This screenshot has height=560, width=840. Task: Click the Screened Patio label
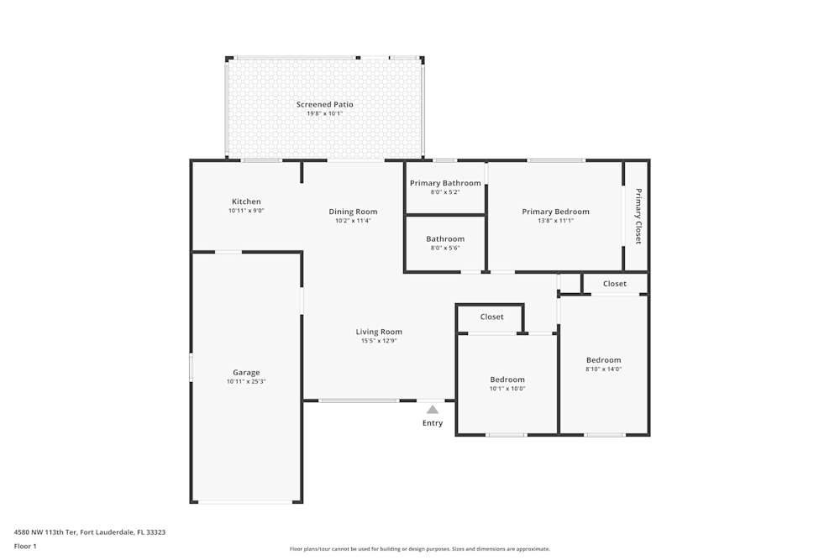click(324, 104)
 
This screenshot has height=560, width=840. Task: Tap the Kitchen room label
click(246, 201)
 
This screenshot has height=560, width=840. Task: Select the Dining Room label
click(353, 212)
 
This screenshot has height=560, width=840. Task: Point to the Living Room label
click(379, 332)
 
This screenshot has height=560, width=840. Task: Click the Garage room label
click(246, 372)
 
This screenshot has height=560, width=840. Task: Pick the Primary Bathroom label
click(445, 183)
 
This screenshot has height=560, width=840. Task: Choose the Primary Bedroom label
click(555, 212)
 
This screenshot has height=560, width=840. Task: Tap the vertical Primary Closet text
click(638, 217)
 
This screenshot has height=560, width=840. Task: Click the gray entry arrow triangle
click(433, 410)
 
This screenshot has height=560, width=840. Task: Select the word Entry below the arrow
click(433, 423)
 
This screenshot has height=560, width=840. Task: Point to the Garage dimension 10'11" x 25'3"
click(246, 382)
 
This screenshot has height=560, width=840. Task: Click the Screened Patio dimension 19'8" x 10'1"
click(324, 113)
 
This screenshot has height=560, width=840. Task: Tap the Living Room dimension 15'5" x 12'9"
click(379, 341)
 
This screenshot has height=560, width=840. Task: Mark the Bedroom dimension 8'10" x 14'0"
click(604, 369)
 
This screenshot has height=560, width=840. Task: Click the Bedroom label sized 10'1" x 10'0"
click(507, 379)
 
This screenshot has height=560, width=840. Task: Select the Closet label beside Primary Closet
click(615, 284)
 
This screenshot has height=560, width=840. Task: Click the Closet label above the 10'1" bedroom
click(491, 317)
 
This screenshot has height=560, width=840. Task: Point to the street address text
click(90, 532)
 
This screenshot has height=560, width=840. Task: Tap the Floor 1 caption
click(25, 546)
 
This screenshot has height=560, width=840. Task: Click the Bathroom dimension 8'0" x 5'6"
click(445, 248)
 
